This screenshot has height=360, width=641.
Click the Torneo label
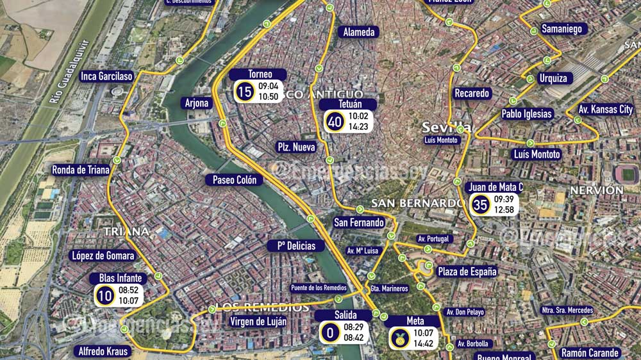coord(260,74)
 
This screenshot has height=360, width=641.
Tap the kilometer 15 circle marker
coord(244,92)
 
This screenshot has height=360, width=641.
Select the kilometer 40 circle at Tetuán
coord(334,121)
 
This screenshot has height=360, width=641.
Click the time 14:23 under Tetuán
coord(358,127)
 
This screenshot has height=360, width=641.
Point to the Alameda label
coord(358,32)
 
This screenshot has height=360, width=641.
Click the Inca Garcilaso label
coord(106,76)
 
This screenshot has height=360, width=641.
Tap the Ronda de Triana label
coord(81,170)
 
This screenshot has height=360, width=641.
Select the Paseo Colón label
coord(235,180)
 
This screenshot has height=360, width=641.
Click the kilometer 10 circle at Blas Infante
coord(104,295)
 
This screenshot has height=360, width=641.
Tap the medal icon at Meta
coord(399,338)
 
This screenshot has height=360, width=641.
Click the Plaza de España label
coord(467,272)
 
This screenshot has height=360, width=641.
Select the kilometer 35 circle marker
coord(481,205)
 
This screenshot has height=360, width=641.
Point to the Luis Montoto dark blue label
coord(537,154)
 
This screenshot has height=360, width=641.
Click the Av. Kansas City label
coord(606,110)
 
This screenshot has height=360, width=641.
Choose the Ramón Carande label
coord(590,353)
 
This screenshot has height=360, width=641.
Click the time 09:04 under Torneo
coord(268,86)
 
